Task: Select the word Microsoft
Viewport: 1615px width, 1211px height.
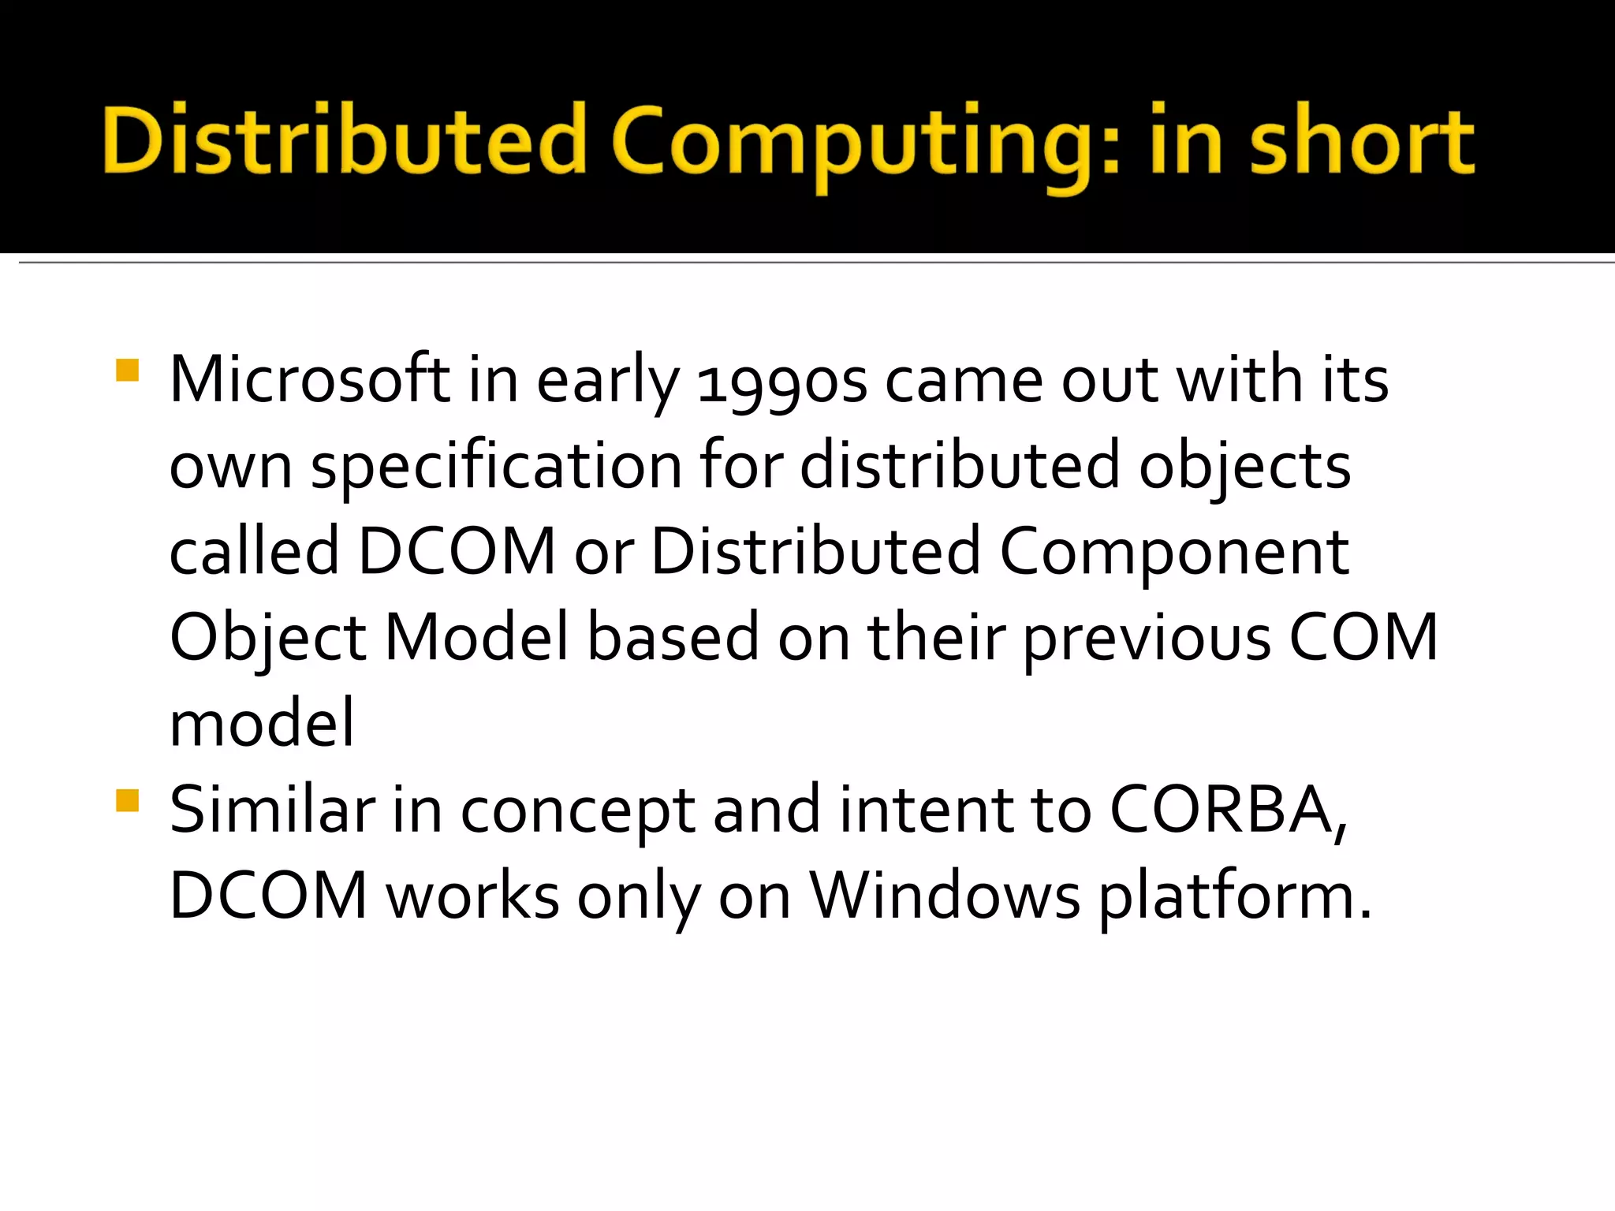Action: coord(309,380)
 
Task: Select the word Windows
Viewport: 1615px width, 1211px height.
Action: coord(946,896)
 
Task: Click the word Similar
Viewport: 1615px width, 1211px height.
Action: coord(272,810)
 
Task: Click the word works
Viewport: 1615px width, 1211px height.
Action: coord(472,896)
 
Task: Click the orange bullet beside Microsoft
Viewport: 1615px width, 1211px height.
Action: coord(127,371)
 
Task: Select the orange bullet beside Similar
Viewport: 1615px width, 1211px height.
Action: coord(127,801)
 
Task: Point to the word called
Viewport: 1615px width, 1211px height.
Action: coord(254,552)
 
